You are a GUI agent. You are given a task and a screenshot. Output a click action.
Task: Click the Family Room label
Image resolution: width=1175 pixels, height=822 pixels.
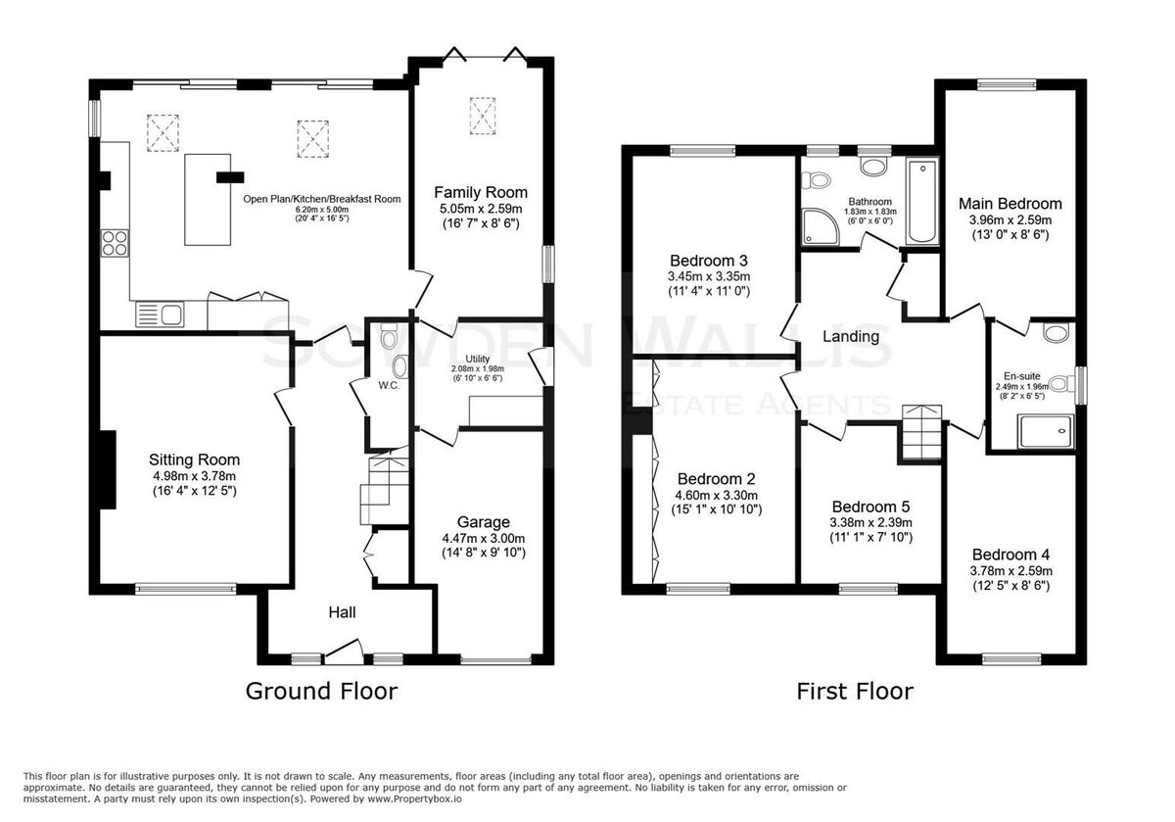481,193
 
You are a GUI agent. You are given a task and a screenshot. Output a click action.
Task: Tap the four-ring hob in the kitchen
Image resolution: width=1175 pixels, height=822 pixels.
115,243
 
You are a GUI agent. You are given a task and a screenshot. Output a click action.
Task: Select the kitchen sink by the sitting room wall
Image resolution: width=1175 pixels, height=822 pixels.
160,314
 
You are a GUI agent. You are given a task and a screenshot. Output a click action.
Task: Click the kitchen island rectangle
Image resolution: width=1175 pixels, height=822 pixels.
208,200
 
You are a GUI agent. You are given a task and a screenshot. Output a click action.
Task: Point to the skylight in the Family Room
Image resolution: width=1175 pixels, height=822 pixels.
482,116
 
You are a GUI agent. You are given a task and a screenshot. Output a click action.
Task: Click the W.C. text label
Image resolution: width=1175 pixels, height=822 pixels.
389,385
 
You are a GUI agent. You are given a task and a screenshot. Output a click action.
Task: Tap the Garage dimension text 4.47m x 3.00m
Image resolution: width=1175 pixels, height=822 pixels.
483,538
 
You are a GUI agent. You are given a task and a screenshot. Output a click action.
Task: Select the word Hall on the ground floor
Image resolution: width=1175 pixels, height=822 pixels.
342,612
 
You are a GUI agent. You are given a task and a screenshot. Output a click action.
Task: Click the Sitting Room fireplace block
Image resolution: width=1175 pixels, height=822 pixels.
108,470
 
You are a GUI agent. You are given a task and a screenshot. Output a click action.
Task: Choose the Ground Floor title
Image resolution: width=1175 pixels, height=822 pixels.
321,691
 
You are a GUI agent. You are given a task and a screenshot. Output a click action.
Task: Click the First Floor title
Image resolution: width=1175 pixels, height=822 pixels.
855,691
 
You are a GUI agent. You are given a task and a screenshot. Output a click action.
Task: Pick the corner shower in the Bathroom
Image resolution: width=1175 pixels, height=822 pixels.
821,226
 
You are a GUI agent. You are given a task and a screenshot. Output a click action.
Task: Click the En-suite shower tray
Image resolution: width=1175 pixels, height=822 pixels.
1046,431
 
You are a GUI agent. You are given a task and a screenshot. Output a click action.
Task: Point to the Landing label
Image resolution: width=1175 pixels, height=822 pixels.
850,336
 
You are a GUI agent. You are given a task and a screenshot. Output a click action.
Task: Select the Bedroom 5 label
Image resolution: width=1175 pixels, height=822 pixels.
870,507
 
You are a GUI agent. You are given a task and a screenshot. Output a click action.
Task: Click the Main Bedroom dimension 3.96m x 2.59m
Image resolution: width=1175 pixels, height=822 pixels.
1010,219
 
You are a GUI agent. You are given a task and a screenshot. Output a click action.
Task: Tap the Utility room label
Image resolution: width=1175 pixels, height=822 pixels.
478,359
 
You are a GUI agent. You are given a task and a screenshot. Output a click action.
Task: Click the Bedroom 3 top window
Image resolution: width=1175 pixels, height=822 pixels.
702,151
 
